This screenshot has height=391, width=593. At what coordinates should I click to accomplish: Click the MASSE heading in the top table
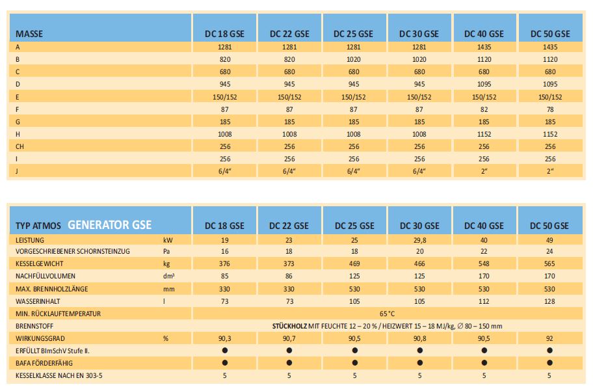point(29,34)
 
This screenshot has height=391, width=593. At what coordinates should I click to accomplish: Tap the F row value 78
point(549,109)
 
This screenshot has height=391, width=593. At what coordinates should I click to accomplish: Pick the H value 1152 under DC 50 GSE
point(549,133)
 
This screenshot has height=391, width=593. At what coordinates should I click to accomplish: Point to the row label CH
point(20,146)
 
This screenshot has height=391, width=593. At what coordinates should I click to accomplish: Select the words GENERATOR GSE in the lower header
point(109,225)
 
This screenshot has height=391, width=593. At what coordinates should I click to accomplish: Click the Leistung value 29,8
point(419,239)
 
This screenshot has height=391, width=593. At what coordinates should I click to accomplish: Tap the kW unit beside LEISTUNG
point(168,239)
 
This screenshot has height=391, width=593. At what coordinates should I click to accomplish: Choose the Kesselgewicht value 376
point(224,264)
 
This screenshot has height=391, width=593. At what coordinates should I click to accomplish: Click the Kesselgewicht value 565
point(549,264)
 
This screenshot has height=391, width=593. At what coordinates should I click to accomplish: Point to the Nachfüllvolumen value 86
point(289,276)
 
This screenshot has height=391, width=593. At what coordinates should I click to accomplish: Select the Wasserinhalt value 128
point(549,301)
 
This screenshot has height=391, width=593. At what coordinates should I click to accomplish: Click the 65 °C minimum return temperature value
point(387,314)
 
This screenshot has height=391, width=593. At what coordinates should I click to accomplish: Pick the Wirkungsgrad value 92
point(549,338)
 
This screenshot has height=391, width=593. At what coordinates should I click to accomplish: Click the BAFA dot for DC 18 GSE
point(224,363)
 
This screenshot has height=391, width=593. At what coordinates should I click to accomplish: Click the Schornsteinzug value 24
point(549,252)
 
